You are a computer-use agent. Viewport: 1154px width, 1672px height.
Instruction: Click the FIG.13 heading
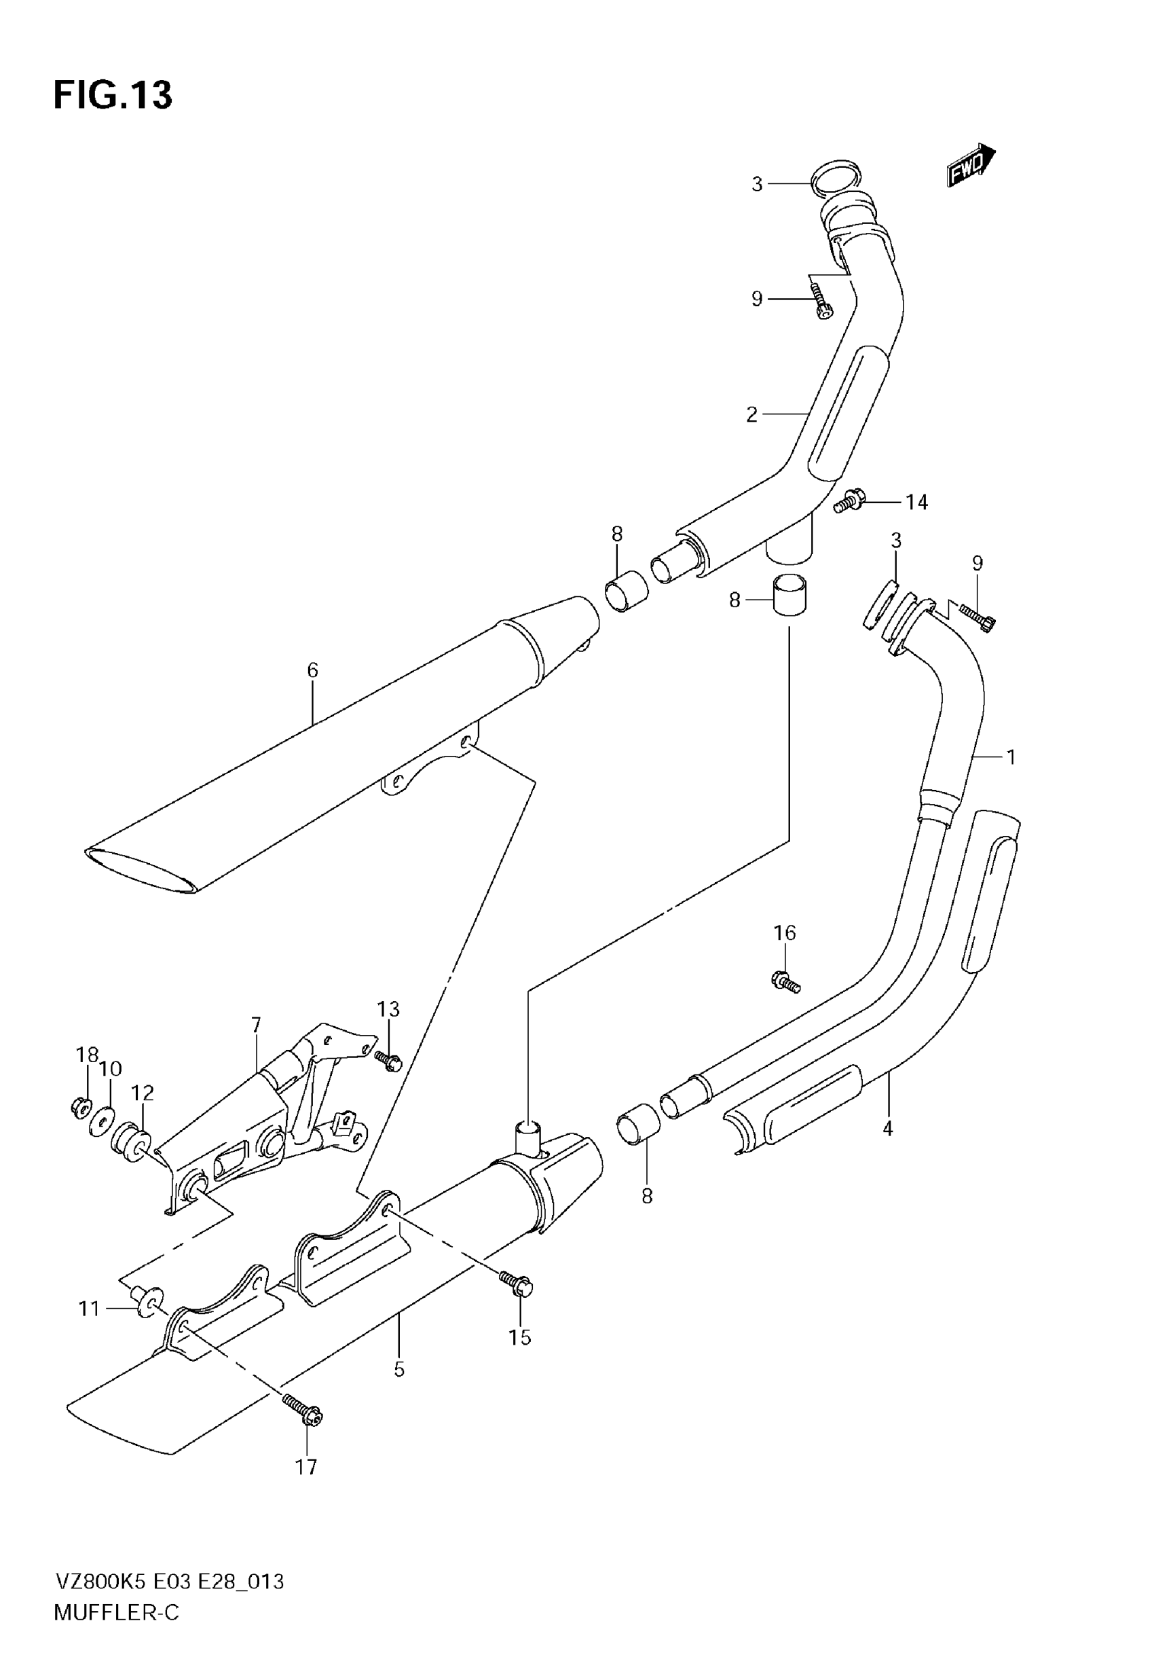113,96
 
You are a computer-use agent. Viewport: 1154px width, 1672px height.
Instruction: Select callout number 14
916,502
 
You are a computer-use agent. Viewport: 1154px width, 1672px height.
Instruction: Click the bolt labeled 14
848,501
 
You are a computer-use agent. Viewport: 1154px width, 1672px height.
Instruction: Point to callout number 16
785,933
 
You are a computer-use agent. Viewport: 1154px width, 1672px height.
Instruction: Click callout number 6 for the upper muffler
312,670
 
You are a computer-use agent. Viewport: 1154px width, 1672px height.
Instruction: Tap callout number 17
306,1467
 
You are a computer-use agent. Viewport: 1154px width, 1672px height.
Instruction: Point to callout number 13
388,1009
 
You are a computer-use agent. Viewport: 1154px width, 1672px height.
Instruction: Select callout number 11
89,1308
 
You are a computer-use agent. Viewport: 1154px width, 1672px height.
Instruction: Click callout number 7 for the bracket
256,1025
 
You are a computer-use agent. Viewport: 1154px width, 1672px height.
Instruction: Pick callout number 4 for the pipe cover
887,1127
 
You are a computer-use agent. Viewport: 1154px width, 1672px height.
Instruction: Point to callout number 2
752,414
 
